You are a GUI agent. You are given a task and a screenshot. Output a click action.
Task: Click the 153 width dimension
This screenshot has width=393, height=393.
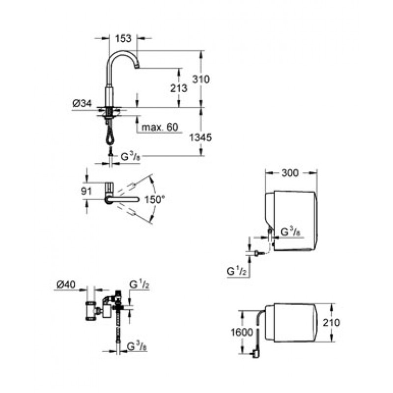[123, 38]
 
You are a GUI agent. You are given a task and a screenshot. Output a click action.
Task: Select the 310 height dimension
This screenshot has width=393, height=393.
[200, 79]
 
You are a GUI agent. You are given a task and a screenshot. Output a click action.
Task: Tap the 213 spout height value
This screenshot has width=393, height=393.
[179, 88]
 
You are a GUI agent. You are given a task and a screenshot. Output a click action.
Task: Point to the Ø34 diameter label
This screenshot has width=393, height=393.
[82, 103]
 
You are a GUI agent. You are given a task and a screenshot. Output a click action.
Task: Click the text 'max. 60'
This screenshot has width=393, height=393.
[160, 127]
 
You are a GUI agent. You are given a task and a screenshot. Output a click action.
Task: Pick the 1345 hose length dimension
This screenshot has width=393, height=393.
[200, 138]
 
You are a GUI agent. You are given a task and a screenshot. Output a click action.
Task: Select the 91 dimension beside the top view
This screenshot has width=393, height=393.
[86, 191]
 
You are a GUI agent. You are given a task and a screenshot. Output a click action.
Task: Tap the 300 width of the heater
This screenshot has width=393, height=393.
[290, 173]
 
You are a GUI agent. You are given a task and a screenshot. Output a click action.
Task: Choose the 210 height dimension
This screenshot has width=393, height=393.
[331, 323]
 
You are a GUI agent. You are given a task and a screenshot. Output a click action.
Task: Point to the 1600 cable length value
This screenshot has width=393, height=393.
[242, 333]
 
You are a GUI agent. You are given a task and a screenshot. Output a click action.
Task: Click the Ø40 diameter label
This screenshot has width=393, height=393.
[66, 285]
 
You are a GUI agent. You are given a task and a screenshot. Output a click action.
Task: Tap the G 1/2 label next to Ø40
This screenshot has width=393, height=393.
[140, 285]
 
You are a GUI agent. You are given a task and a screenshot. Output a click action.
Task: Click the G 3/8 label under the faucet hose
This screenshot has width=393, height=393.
[130, 157]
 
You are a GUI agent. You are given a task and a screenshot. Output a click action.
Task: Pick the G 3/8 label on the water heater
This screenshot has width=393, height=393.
[290, 232]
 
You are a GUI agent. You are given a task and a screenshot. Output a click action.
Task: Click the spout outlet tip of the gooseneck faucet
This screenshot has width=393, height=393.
[137, 67]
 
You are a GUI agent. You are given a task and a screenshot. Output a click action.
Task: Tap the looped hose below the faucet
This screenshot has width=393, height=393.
[110, 138]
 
